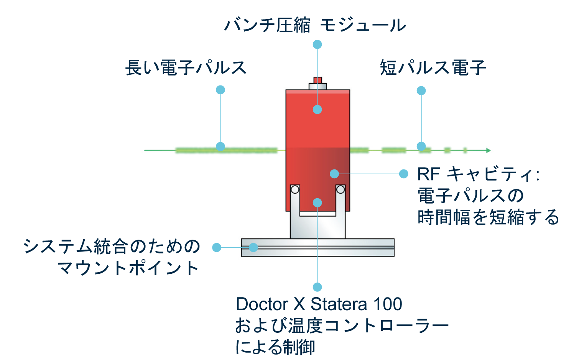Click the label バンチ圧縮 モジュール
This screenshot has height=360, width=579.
tap(315, 25)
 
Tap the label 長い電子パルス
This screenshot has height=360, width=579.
tap(186, 68)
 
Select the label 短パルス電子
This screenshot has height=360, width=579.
tap(433, 68)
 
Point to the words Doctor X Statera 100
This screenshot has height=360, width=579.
tap(319, 304)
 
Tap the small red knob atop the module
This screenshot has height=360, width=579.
tap(317, 80)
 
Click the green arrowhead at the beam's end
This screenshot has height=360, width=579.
tap(488, 150)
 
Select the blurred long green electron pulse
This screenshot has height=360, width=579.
tap(226, 150)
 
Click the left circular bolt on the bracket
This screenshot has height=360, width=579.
tap(295, 189)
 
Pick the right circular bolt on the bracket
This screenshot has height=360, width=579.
tap(340, 189)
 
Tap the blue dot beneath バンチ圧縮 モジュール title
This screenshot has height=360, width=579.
tap(317, 44)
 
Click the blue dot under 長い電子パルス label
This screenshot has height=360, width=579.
tap(220, 90)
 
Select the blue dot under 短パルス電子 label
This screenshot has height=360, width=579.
tap(421, 91)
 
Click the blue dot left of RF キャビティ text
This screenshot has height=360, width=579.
tap(403, 174)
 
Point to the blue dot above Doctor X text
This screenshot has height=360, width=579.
tap(317, 287)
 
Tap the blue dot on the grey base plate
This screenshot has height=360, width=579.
tap(253, 248)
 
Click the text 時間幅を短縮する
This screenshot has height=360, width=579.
tap(488, 217)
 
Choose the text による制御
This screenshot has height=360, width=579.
tap(275, 347)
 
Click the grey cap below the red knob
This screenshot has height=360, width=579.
tap(317, 87)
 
